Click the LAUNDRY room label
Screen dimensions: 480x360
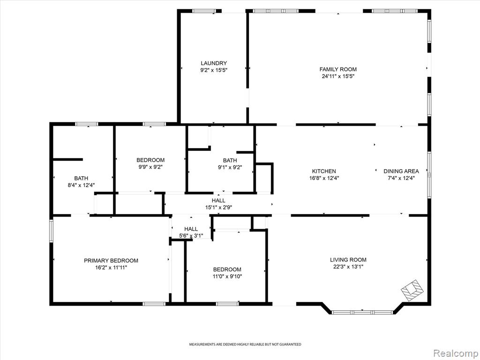[214, 63]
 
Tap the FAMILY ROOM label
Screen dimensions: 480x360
[338, 69]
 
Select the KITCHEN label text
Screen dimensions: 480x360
[324, 171]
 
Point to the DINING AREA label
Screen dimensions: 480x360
[401, 171]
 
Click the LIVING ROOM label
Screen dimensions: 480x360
[348, 260]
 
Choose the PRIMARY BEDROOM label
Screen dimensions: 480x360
[111, 261]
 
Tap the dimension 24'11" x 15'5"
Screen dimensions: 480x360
[338, 76]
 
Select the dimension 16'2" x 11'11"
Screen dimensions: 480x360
[111, 268]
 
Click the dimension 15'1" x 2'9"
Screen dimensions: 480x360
[218, 207]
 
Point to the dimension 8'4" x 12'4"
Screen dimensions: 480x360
[81, 185]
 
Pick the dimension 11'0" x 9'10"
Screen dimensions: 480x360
[227, 277]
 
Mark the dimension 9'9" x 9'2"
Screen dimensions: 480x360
[150, 167]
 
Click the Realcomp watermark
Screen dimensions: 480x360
[455, 353]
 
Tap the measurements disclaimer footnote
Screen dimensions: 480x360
[245, 345]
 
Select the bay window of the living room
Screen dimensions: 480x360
[362, 313]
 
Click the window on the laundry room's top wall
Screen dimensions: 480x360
[204, 11]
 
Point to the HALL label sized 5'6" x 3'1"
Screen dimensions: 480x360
[191, 229]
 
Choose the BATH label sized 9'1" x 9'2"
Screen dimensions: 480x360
[230, 160]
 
